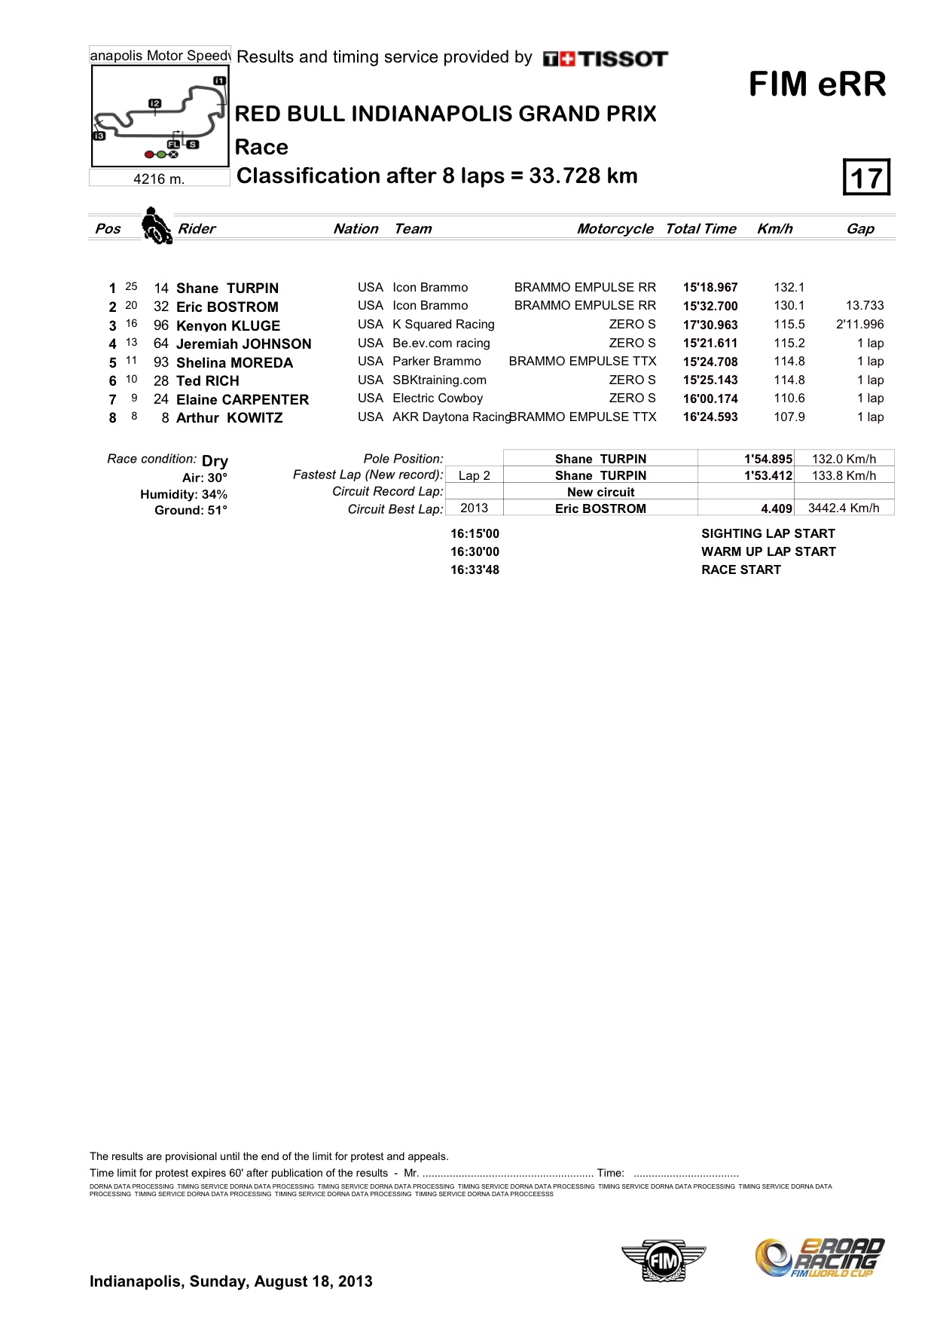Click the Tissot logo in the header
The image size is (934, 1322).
[605, 59]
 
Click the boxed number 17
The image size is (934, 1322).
[866, 178]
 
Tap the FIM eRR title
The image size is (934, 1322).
[817, 84]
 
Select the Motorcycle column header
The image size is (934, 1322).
[615, 229]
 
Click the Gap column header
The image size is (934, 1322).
[860, 229]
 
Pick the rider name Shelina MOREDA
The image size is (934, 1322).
[234, 362]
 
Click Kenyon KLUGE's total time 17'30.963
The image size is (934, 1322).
[710, 325]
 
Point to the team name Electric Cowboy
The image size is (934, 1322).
[438, 398]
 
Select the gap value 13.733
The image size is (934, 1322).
[865, 306]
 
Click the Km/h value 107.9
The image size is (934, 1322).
[789, 417]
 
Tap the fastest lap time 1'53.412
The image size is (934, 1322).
[768, 476]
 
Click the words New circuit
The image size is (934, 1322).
[600, 492]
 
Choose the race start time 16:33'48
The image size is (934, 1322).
[475, 570]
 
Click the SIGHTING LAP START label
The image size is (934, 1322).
[768, 534]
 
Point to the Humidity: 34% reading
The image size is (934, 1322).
[184, 494]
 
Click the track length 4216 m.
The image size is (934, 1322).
[159, 179]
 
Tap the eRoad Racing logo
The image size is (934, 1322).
[820, 1258]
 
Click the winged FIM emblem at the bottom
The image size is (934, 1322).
[664, 1259]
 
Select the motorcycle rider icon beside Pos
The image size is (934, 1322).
[156, 226]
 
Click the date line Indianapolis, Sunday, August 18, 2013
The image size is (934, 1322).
[230, 1281]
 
